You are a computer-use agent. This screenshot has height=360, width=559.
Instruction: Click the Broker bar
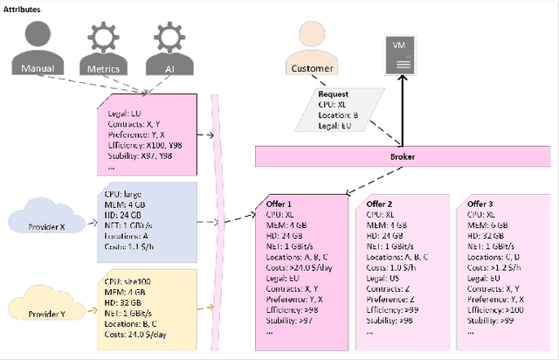click(x=403, y=156)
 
